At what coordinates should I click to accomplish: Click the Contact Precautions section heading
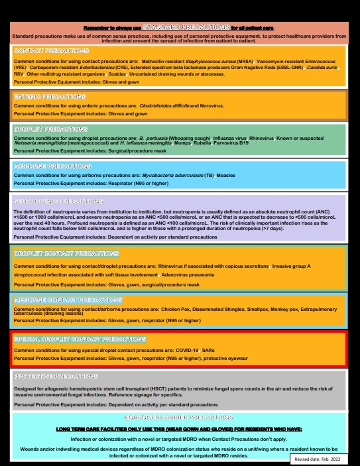coord(51,51)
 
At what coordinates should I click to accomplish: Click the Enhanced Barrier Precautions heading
coord(179,418)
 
